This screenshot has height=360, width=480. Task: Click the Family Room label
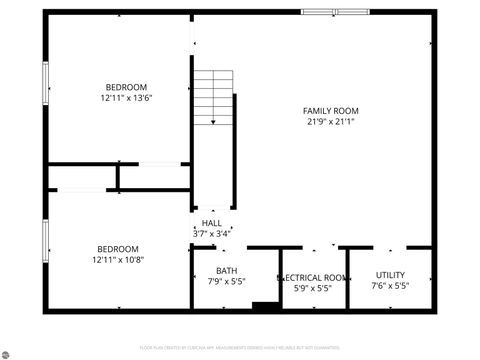[x=331, y=110]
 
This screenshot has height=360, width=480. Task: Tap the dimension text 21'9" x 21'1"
[x=331, y=121]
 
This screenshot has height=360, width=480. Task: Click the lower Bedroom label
[x=118, y=249]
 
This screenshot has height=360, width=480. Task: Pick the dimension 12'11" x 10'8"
[x=118, y=260]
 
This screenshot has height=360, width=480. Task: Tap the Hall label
[x=211, y=223]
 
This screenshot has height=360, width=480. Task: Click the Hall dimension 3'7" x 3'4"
[x=211, y=233]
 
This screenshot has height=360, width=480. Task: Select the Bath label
[x=226, y=271]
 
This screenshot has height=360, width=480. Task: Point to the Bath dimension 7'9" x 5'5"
[x=226, y=282]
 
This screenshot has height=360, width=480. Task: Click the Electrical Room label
[x=313, y=277]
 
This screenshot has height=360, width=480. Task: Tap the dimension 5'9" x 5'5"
[x=313, y=288]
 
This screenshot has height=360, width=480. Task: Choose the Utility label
[x=390, y=275]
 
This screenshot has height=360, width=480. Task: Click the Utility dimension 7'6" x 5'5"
[x=390, y=286]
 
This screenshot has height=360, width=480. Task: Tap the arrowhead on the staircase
[x=212, y=122]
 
